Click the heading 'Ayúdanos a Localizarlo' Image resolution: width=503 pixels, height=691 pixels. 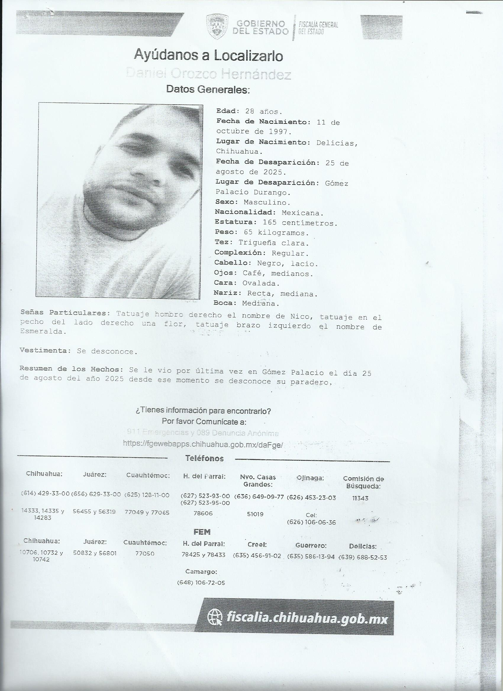tap(208, 56)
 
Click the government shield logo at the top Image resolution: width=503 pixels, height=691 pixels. tap(217, 27)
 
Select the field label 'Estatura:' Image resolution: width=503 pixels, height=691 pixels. tap(234, 222)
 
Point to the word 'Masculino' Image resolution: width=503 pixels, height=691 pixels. tap(267, 202)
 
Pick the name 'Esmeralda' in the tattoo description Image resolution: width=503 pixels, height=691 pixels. tap(43, 332)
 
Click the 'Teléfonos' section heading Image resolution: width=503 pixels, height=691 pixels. tap(204, 458)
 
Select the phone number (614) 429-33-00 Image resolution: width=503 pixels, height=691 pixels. tap(45, 494)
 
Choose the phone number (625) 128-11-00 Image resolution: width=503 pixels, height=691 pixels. tap(147, 495)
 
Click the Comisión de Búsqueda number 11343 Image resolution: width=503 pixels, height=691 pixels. tap(360, 498)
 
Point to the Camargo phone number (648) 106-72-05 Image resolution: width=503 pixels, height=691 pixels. tap(201, 583)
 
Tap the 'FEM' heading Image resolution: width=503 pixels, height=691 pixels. tap(202, 532)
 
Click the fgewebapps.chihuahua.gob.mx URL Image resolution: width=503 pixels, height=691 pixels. tap(203, 445)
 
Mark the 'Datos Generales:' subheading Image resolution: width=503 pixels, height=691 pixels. tap(208, 89)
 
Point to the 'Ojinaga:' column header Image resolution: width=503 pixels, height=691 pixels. tap(310, 478)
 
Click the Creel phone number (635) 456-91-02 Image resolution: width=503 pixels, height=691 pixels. tap(257, 555)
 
